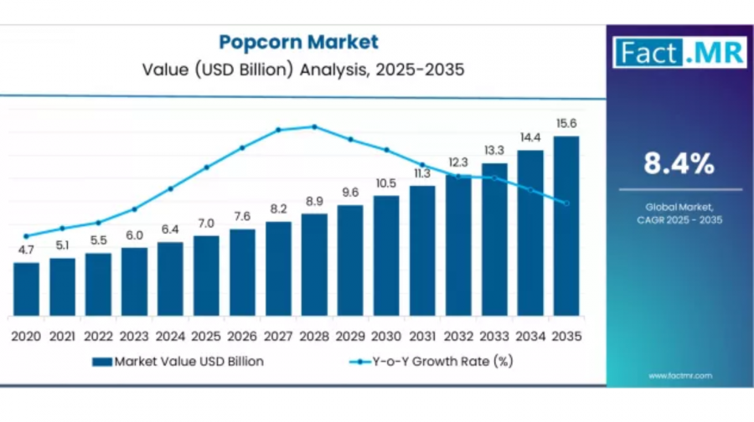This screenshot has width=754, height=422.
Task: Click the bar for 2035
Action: coord(565,226)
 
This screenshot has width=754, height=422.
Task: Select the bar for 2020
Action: coord(26,289)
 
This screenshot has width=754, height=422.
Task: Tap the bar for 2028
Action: coord(314,265)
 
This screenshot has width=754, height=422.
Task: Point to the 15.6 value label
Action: coord(566,124)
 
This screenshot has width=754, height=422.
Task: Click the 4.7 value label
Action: coord(26,250)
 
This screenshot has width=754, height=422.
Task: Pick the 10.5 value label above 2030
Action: coord(385,183)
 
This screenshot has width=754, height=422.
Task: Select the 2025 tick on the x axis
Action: coord(206,336)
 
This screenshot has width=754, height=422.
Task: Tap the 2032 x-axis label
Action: coord(458,336)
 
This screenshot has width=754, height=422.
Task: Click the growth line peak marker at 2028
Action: coord(314,127)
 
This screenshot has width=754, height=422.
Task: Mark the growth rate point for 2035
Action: coord(566,203)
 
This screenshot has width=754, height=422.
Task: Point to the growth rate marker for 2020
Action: coord(26,236)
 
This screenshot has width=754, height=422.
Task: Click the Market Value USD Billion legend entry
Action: coord(178,362)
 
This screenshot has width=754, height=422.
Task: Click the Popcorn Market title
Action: coord(299,41)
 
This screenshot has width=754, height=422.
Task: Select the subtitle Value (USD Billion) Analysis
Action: coord(299,69)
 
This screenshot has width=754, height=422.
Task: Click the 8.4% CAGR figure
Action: coord(679,164)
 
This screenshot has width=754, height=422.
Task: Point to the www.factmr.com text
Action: coord(679,376)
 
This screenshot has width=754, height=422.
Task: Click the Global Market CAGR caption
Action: coord(679,213)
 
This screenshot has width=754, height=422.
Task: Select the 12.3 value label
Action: coord(458,162)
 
